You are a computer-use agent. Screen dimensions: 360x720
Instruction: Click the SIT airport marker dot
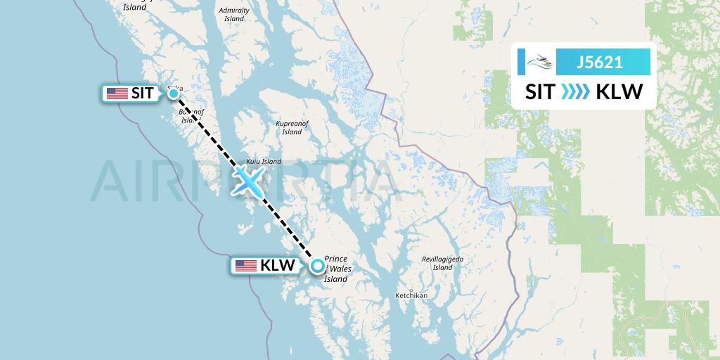[173, 93]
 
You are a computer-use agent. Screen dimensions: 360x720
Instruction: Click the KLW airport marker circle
[318, 266]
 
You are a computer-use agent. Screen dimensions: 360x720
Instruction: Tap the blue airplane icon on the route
[248, 181]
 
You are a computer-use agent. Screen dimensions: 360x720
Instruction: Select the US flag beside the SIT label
[117, 94]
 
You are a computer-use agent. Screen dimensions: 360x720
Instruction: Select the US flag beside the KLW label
[245, 266]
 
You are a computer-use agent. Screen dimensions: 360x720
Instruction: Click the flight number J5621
[599, 62]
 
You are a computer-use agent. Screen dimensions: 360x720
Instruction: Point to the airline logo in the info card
[540, 62]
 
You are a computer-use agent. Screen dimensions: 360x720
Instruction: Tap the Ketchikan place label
[411, 295]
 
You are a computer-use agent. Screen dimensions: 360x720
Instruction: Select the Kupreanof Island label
[292, 127]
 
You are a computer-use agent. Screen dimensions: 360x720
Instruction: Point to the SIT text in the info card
[540, 92]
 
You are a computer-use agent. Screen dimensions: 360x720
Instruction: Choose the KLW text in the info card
[619, 92]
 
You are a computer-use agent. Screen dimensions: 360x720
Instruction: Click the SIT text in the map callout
[142, 94]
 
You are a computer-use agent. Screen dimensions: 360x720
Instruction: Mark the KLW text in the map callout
[277, 266]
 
